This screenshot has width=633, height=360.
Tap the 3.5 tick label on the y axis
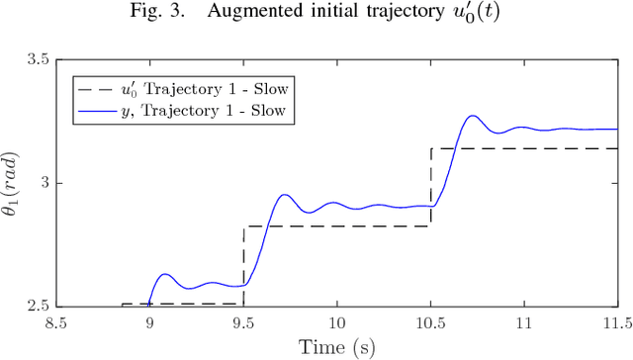coord(38,60)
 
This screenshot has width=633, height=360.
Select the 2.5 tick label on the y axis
coord(38,306)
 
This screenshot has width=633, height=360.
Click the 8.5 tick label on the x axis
coord(55,322)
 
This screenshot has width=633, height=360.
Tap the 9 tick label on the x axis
coord(149,322)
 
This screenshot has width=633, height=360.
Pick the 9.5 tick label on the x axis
coord(243,322)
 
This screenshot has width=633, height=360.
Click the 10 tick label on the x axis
coord(336,322)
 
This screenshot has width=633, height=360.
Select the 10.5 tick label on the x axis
coord(430,322)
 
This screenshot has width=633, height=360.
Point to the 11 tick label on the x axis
coord(524,322)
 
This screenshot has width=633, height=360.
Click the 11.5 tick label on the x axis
coord(615,322)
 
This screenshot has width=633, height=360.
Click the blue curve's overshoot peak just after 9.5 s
coord(285,194)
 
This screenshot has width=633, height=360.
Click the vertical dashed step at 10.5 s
coord(430,188)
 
